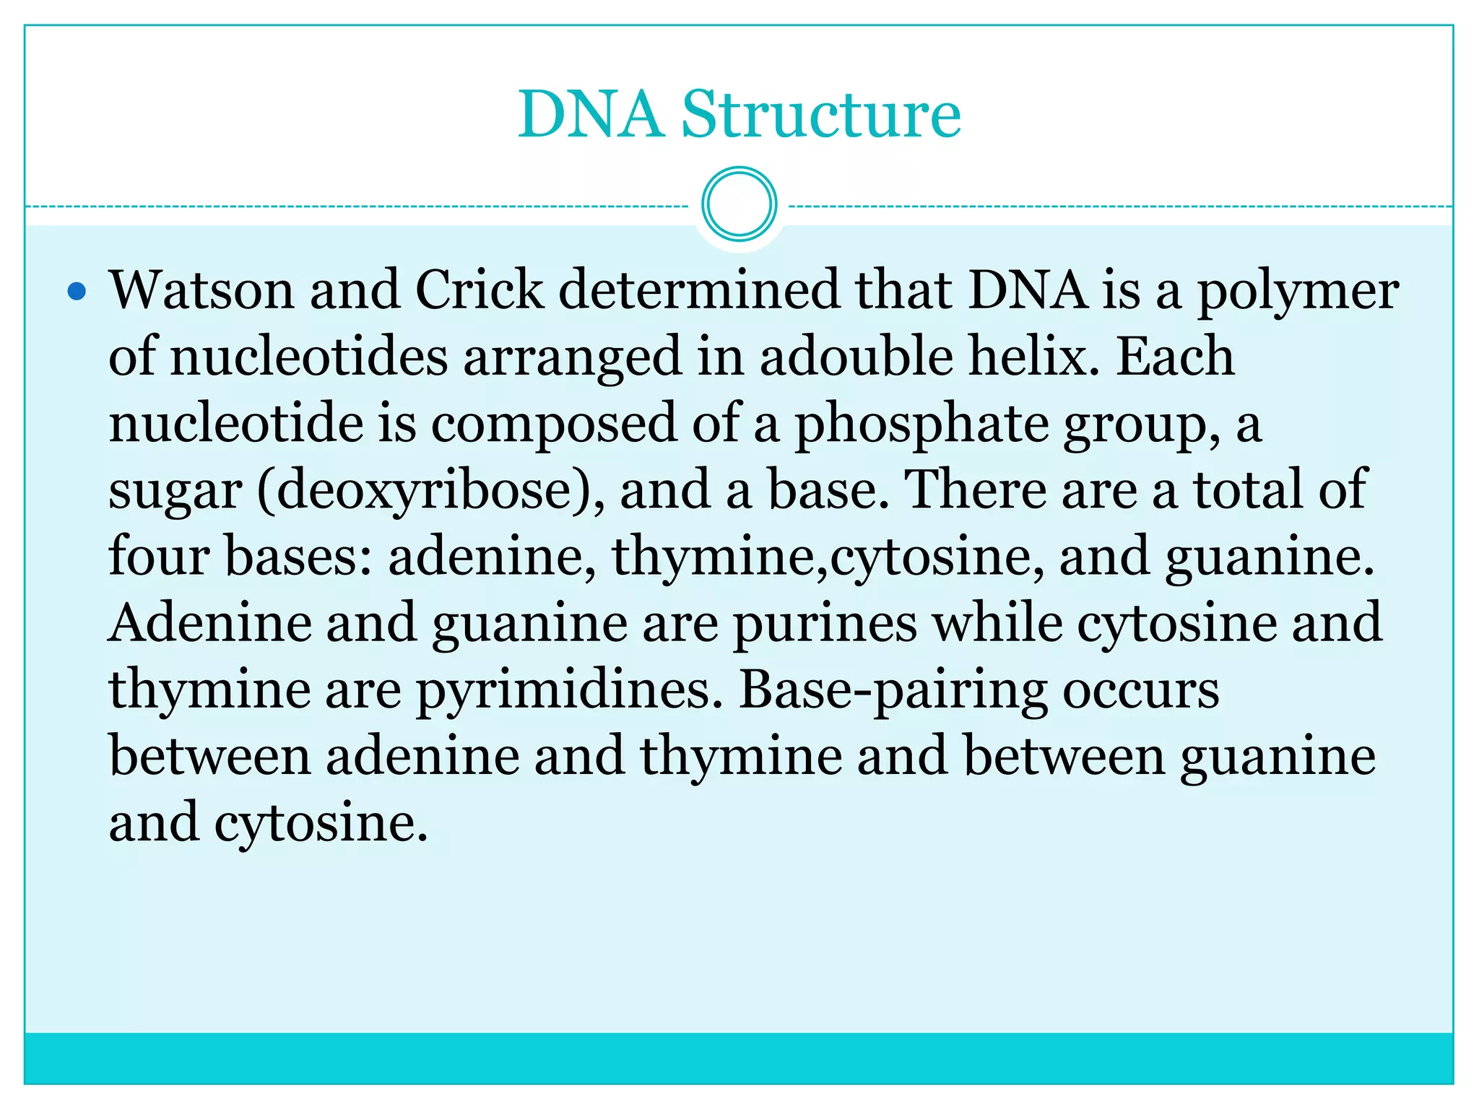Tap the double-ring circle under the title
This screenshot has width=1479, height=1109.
click(x=739, y=204)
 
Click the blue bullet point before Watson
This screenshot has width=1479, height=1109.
click(x=77, y=292)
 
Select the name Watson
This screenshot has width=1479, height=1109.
click(x=201, y=290)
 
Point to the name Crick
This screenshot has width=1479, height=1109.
click(x=479, y=290)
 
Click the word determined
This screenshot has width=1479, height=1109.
click(x=699, y=290)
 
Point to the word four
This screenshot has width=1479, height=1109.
click(x=159, y=556)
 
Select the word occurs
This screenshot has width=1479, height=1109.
click(x=1140, y=690)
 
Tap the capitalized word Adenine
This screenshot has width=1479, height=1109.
click(x=210, y=622)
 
